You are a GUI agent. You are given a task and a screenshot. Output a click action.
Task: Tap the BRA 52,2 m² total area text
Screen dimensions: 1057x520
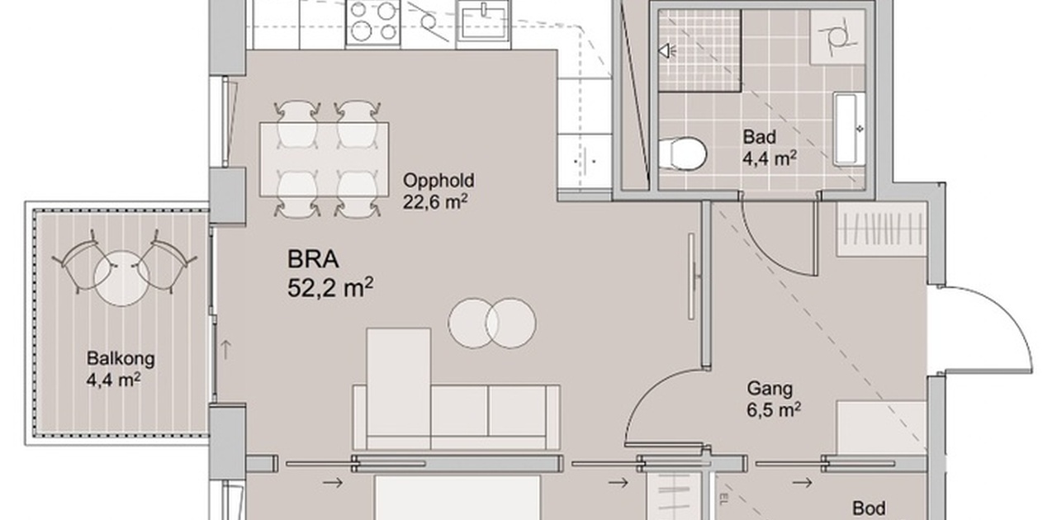point(330,274)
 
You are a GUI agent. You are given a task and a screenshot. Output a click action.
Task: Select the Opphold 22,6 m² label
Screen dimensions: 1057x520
point(438,191)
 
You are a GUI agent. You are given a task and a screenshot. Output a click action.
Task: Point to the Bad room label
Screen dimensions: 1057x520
point(759,137)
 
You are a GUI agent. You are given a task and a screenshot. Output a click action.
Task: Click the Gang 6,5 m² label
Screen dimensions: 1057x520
point(774,399)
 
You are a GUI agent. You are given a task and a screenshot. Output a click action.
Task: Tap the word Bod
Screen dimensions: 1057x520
point(870,508)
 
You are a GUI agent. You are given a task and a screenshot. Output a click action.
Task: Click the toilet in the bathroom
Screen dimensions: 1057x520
point(682,154)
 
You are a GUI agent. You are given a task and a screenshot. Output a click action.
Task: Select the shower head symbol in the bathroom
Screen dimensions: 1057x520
point(666,50)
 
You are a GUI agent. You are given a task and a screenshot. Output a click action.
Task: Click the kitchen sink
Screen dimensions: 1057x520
point(483,24)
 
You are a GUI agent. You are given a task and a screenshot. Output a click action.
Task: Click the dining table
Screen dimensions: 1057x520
point(325,159)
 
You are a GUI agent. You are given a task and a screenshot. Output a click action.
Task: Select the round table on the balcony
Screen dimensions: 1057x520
point(121,278)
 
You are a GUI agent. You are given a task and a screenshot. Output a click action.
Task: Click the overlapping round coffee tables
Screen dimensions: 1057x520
point(492,324)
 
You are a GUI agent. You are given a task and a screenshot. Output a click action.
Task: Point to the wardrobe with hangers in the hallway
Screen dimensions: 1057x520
point(881,229)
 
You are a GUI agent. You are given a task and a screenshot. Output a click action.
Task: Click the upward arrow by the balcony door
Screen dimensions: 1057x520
point(225,350)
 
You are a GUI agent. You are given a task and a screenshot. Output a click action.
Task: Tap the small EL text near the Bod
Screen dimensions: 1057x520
point(723,500)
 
